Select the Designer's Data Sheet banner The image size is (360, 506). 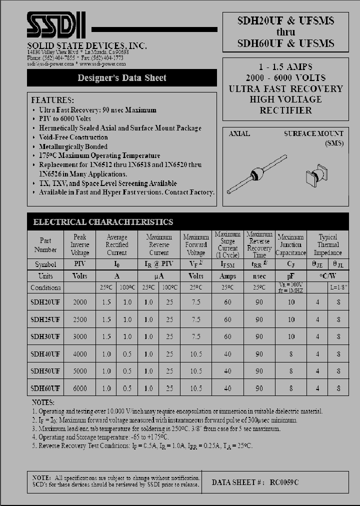121,78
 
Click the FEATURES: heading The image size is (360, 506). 52,99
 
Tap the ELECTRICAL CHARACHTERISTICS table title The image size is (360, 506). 103,222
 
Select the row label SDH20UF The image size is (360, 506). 45,302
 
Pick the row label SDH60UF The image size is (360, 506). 45,388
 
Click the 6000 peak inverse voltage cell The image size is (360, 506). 79,388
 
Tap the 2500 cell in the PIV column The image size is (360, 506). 79,319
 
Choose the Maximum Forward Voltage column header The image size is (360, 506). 195,245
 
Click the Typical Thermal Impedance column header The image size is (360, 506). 327,245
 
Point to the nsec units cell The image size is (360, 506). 259,276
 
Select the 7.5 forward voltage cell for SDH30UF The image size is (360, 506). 195,337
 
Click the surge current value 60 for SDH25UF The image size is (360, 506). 227,319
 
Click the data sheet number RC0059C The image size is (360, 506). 284,482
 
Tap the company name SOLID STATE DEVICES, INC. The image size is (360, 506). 86,45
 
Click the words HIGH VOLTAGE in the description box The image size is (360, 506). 285,99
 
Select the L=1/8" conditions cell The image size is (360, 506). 338,287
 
